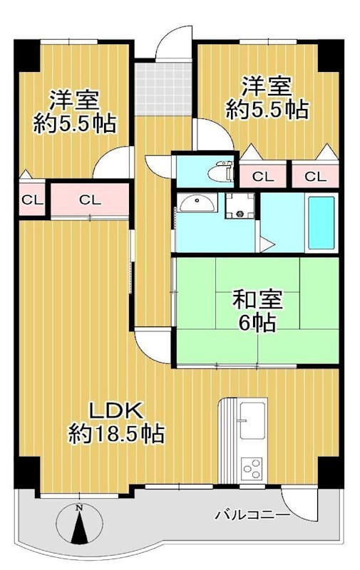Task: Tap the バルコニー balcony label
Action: tap(252, 513)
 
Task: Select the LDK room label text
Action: tap(117, 411)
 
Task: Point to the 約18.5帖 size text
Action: tap(117, 432)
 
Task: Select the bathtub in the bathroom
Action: tap(321, 222)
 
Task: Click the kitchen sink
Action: tap(252, 420)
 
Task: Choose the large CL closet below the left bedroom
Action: tap(89, 199)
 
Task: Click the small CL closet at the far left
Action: tap(31, 199)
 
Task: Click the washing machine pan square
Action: tap(241, 207)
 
